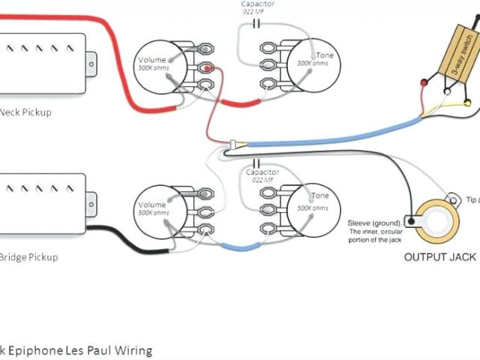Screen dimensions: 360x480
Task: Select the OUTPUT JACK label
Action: pyautogui.click(x=440, y=257)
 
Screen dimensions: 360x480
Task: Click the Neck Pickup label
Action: pyautogui.click(x=27, y=112)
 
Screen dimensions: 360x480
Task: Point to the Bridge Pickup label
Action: pyautogui.click(x=29, y=257)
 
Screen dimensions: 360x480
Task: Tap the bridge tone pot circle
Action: pyautogui.click(x=310, y=206)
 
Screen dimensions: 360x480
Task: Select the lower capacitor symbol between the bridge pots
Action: pyautogui.click(x=256, y=163)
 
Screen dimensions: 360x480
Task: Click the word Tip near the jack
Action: pyautogui.click(x=472, y=200)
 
